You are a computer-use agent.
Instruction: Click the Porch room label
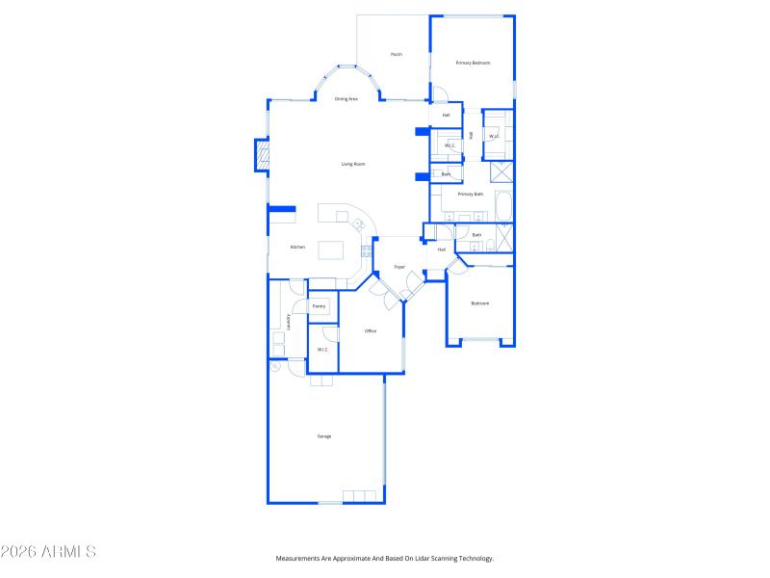(396, 55)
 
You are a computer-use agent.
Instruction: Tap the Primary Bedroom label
(473, 63)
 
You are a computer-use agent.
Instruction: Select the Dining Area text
(346, 99)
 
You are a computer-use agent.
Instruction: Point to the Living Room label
(353, 164)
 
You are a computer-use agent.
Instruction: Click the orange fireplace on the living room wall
(260, 156)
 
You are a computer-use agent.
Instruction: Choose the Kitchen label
(298, 248)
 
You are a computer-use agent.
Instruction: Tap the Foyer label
(399, 267)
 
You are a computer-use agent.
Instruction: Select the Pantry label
(320, 306)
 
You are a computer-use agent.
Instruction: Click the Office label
(371, 331)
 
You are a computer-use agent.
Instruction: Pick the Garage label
(324, 436)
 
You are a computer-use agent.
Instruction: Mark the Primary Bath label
(471, 195)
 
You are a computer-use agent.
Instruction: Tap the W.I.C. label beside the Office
(323, 350)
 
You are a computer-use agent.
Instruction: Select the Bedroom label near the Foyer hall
(479, 303)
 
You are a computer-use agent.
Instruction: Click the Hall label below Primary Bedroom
(447, 116)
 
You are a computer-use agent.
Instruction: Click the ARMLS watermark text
(48, 552)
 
